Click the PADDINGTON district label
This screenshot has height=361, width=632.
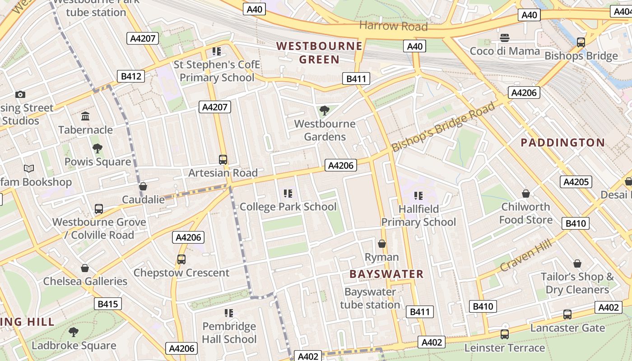(x=562, y=143)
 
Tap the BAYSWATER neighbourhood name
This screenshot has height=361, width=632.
(x=386, y=274)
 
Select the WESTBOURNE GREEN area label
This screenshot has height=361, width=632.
(x=319, y=53)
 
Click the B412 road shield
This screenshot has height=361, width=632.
(x=131, y=76)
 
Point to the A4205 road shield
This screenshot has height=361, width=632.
(x=576, y=182)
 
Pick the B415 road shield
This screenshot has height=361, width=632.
(x=108, y=304)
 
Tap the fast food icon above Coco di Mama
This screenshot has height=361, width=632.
(x=505, y=37)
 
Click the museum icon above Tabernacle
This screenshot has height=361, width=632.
(x=85, y=116)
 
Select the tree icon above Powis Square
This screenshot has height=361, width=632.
(x=97, y=148)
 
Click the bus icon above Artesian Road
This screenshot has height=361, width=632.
(x=223, y=159)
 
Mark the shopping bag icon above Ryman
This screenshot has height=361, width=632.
(x=382, y=244)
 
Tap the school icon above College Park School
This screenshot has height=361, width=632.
(x=288, y=194)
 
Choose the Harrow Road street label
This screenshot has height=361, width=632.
(x=393, y=26)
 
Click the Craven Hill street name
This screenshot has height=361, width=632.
(x=526, y=256)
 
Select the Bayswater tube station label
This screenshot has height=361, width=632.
(x=370, y=298)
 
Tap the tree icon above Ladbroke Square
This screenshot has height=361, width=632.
(x=74, y=333)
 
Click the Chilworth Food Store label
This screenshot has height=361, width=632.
(x=525, y=213)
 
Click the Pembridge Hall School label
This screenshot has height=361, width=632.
(x=229, y=333)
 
